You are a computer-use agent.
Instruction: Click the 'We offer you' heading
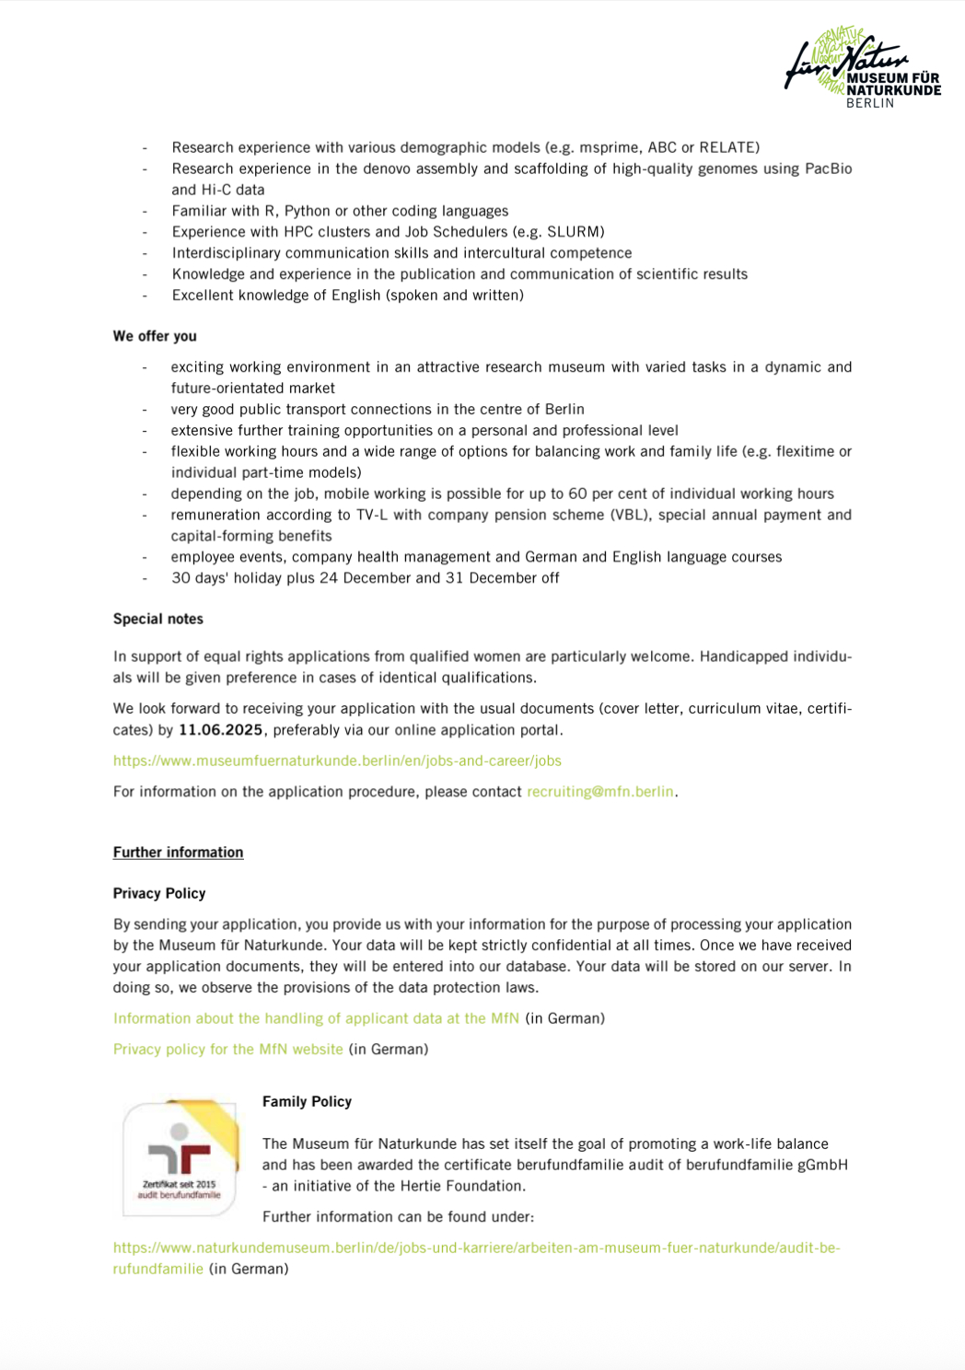[155, 336]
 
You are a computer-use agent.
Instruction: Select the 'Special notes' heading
[158, 619]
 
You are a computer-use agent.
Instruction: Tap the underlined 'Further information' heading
[178, 853]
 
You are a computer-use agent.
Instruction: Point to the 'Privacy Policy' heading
[159, 893]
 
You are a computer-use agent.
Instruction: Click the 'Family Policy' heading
[307, 1101]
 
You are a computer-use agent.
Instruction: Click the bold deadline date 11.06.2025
[221, 730]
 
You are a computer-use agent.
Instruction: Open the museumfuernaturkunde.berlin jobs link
[337, 760]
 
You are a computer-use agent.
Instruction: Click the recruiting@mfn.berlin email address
[600, 792]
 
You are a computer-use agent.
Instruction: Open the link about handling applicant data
[316, 1018]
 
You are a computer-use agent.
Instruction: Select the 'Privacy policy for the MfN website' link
[227, 1050]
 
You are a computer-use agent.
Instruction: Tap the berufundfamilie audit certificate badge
[180, 1156]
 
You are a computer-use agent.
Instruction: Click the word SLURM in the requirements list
[574, 232]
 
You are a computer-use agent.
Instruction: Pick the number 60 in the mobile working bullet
[577, 493]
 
